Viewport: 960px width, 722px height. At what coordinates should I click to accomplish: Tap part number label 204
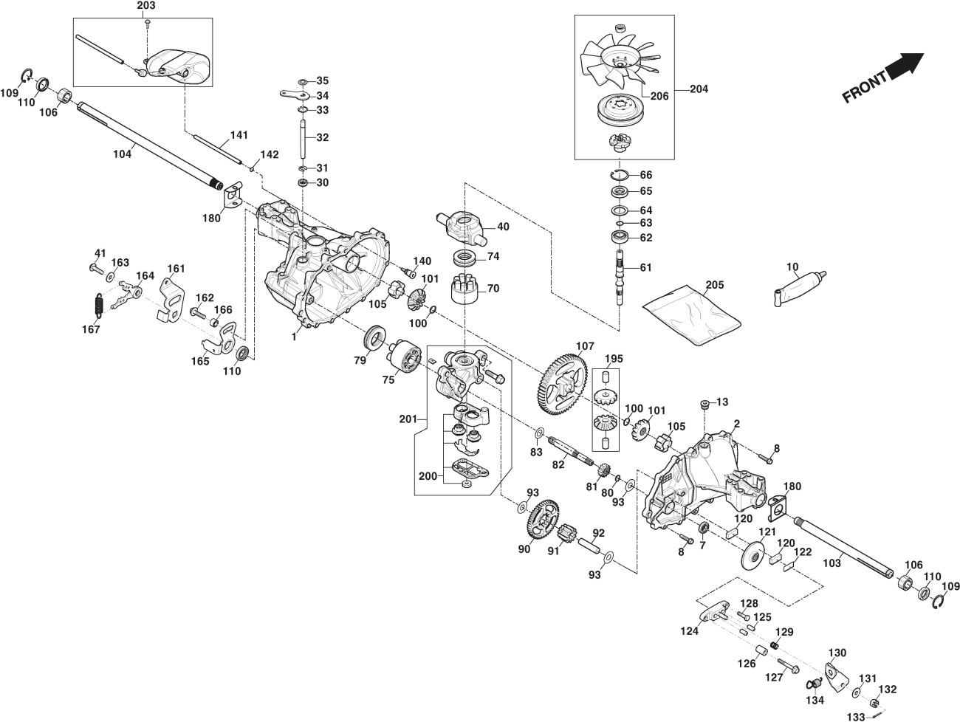click(698, 89)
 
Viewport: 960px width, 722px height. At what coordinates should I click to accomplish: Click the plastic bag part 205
click(691, 313)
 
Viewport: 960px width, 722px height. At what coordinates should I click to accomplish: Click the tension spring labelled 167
click(98, 305)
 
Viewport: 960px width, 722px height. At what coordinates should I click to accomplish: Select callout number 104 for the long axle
click(122, 154)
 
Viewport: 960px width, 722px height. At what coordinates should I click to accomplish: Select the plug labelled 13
click(704, 403)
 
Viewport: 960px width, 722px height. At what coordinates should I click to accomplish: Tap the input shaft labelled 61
click(619, 274)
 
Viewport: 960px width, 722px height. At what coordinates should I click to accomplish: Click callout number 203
click(146, 7)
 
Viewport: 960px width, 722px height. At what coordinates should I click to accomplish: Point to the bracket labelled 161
click(172, 299)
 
